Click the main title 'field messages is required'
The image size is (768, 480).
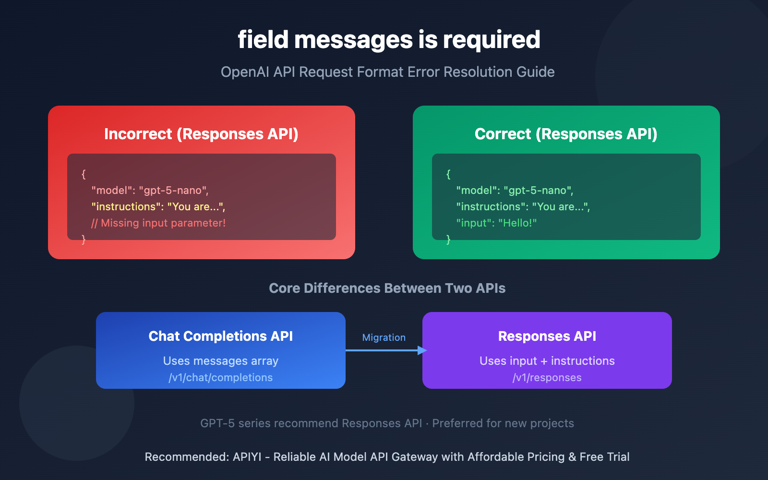click(x=389, y=39)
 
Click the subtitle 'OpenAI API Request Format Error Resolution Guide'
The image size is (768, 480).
click(x=387, y=72)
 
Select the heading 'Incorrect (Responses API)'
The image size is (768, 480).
click(x=201, y=134)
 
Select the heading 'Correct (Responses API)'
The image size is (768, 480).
click(x=566, y=134)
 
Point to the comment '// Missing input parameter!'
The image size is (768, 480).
click(x=158, y=223)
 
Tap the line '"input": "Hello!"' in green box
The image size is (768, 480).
click(x=496, y=223)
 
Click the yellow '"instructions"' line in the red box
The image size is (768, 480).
click(x=158, y=207)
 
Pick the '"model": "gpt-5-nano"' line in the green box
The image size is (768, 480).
click(x=515, y=191)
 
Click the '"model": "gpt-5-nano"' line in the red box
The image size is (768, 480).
click(x=150, y=191)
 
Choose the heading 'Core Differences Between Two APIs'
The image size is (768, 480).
click(x=387, y=288)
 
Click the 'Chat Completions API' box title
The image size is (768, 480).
click(x=220, y=336)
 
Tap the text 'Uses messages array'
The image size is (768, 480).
click(x=220, y=361)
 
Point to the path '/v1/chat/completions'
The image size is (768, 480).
click(x=220, y=378)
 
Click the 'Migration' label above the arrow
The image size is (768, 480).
click(x=384, y=337)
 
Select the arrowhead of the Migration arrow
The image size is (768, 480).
click(x=422, y=350)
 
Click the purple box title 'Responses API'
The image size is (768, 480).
click(x=547, y=336)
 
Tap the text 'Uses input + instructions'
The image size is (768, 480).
click(x=547, y=361)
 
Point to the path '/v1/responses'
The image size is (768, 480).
click(x=547, y=378)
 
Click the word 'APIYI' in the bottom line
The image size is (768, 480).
click(x=247, y=457)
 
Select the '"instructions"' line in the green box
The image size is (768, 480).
click(x=523, y=207)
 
